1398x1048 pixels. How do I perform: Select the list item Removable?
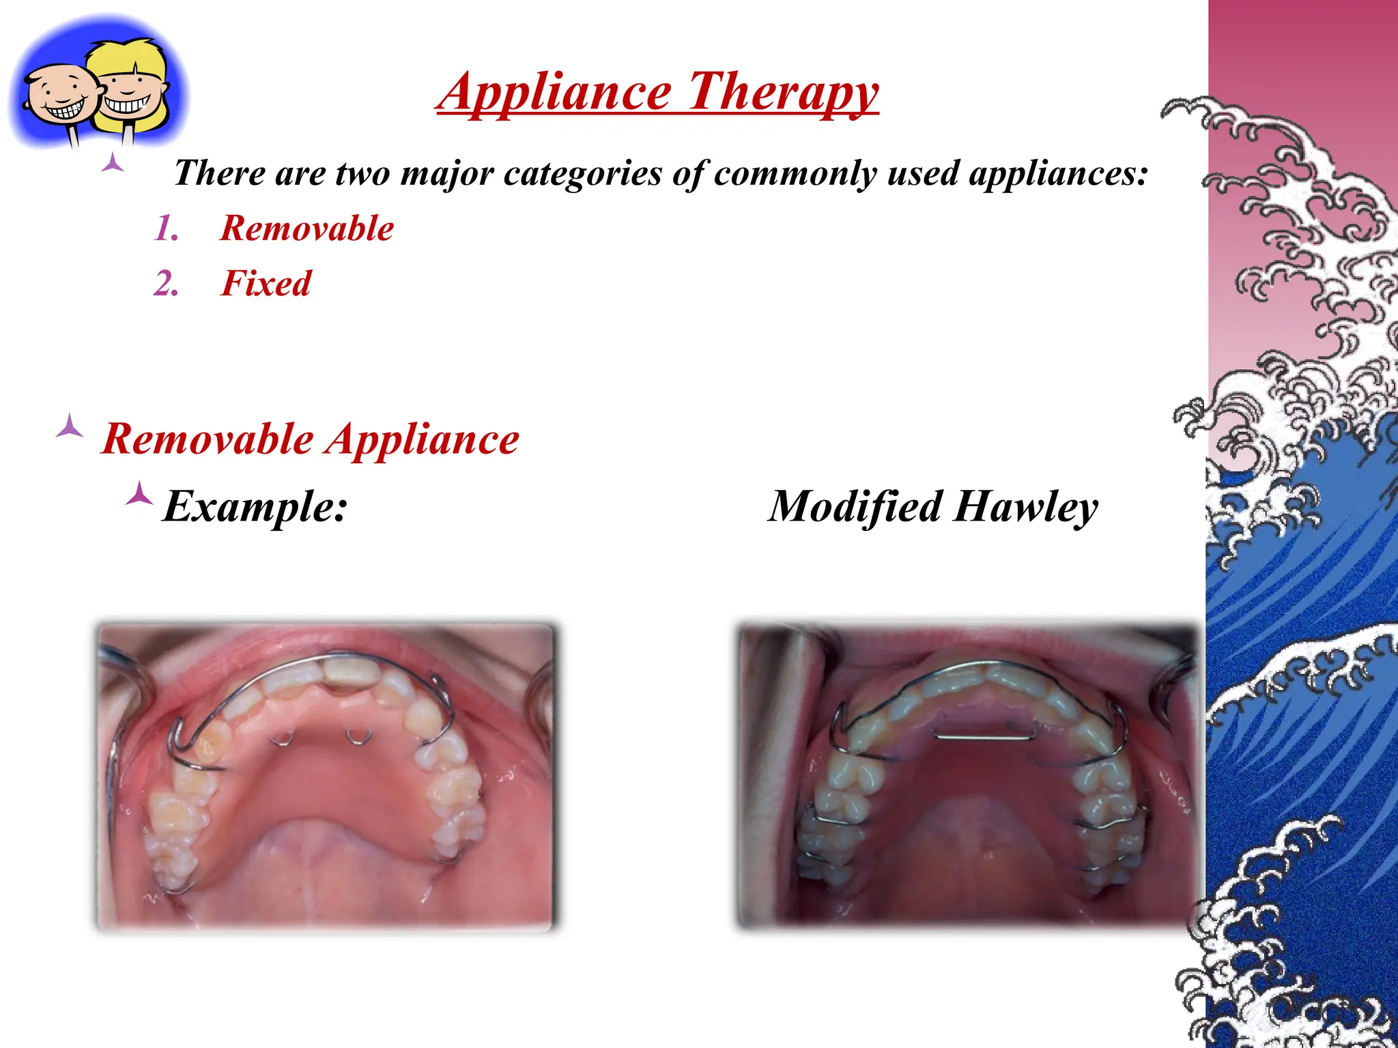click(307, 228)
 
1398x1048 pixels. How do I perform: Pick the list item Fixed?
click(266, 283)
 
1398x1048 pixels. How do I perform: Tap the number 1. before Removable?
click(166, 228)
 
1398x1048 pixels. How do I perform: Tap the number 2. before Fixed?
click(166, 283)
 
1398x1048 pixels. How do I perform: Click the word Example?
click(255, 507)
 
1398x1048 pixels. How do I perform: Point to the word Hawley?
click(1026, 507)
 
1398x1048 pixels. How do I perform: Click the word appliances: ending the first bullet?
click(1058, 173)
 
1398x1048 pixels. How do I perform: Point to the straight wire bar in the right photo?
click(982, 737)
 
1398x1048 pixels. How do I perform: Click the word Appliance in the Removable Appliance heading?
click(423, 439)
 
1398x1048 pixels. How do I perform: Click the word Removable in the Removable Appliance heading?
click(208, 439)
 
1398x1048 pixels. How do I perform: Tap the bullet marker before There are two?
click(112, 164)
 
